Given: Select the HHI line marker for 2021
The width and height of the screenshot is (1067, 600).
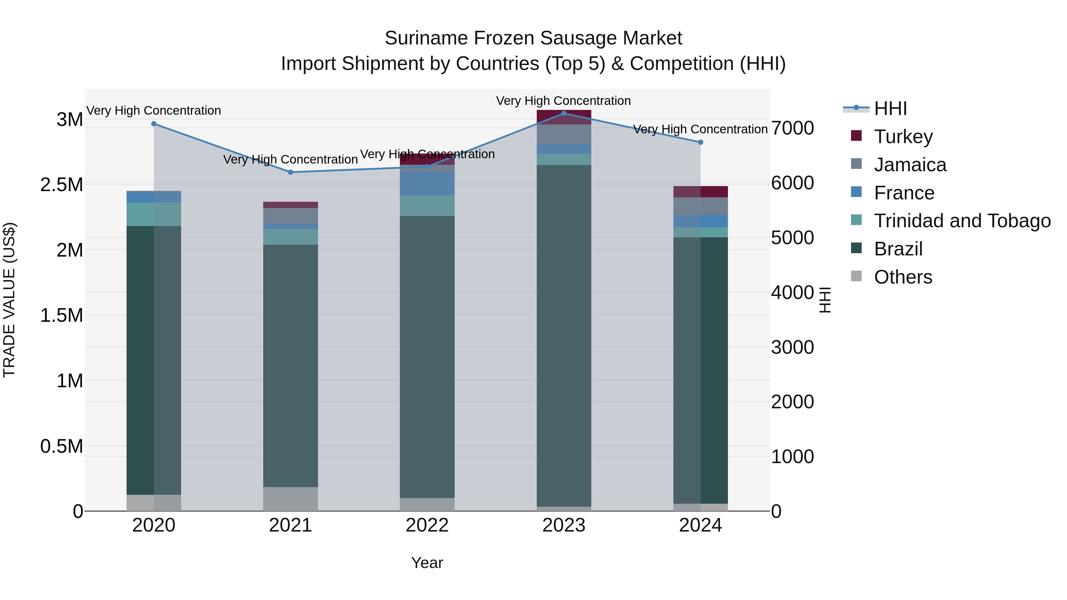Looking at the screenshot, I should [290, 172].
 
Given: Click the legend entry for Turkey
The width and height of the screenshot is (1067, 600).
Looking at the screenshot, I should [903, 137].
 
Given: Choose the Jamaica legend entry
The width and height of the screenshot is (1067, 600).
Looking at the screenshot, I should [910, 165].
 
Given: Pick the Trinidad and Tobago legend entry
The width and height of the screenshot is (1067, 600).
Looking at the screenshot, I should [962, 221].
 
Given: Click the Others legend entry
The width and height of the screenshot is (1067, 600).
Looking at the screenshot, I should [903, 277].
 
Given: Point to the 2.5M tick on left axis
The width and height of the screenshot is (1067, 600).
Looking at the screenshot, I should [62, 185].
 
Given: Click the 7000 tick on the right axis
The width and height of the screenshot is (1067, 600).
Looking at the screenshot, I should [792, 128].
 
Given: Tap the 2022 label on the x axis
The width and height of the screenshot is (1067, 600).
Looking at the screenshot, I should [427, 525].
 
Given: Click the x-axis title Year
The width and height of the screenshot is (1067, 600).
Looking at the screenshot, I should [427, 563].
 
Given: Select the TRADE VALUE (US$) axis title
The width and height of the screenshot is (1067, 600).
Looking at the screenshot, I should [9, 300].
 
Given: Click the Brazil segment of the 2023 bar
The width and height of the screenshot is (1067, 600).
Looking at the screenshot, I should [564, 335].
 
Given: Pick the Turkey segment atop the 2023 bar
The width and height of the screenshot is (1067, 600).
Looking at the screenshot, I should [564, 117].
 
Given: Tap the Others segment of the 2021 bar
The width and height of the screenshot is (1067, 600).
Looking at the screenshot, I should [290, 499].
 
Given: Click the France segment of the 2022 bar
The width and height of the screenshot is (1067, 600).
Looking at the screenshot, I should [427, 183].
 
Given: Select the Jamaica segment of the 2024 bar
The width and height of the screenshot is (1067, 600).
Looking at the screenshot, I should [700, 206].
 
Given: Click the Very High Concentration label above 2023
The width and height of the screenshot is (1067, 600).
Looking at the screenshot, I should [563, 101].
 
